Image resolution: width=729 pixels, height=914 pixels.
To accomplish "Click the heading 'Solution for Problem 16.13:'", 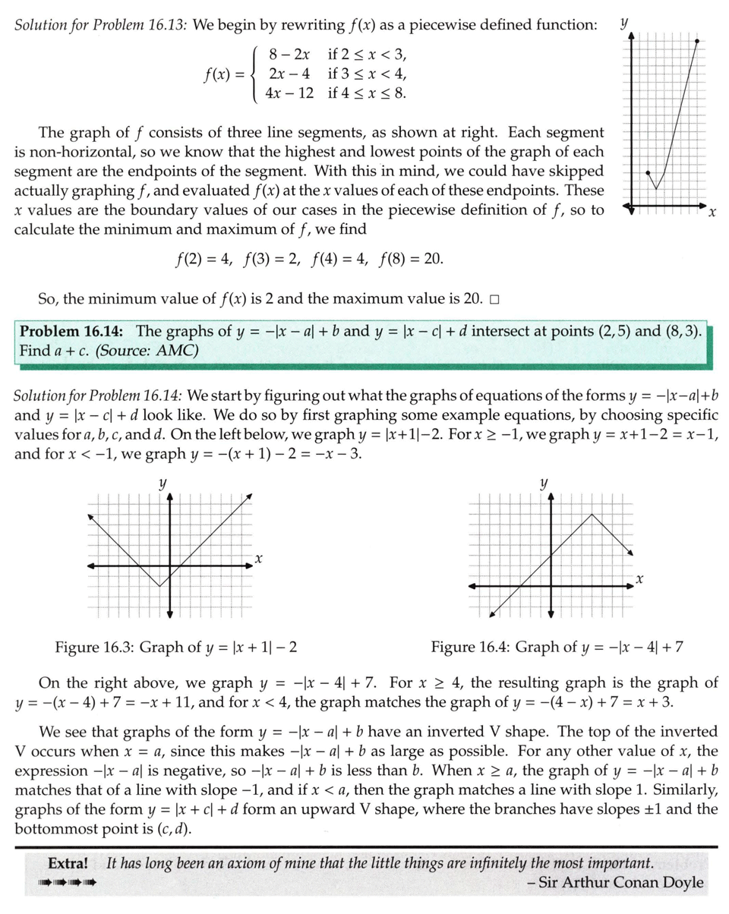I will pos(101,25).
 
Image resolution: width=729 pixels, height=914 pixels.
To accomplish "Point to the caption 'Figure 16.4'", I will pos(470,648).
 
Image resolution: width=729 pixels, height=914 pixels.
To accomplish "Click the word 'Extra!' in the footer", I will pos(68,864).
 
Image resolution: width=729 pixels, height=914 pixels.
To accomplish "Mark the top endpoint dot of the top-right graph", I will pos(697,41).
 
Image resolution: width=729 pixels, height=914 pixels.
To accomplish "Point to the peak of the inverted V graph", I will pos(592,515).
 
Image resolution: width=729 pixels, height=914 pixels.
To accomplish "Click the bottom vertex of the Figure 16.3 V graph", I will pos(159,586).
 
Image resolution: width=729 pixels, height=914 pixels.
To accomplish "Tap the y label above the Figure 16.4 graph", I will pos(544,483).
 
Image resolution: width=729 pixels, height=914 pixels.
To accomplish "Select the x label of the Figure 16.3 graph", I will pos(258,559).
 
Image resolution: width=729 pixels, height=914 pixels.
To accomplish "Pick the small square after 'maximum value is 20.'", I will pos(494,300).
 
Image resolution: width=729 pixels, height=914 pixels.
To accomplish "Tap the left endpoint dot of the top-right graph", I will pos(647,173).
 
